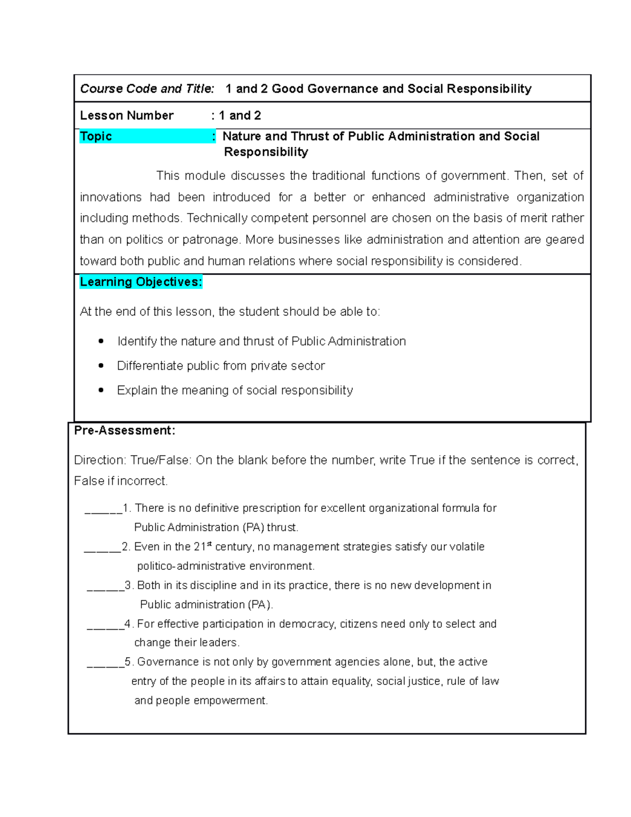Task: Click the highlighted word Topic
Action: point(96,136)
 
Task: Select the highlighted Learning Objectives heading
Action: point(140,282)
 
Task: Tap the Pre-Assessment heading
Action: point(125,430)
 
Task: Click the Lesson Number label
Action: point(127,116)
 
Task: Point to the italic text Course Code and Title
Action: point(147,89)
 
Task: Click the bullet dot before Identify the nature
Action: point(101,341)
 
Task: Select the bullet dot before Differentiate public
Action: point(101,366)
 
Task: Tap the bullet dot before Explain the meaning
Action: point(101,390)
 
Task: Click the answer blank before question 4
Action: point(105,625)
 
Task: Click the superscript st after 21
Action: point(209,544)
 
